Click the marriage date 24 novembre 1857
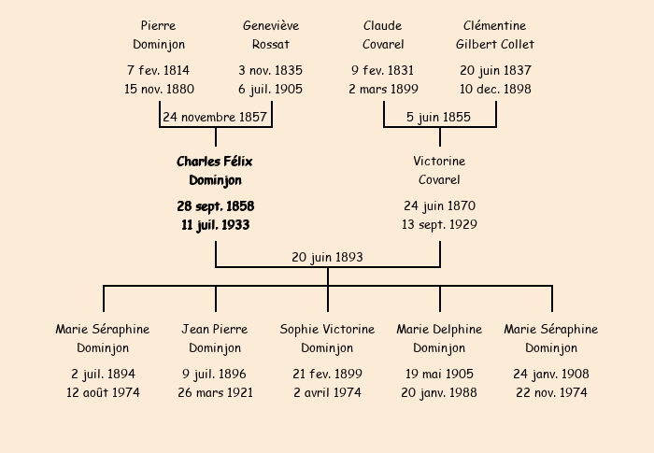[x=215, y=118]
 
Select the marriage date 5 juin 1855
[x=439, y=118]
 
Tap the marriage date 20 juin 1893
[x=327, y=257]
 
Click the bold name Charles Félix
[x=215, y=162]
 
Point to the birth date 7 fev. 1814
[x=158, y=71]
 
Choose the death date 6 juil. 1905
[x=271, y=90]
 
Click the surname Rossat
[x=271, y=44]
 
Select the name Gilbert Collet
[x=495, y=44]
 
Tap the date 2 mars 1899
[x=383, y=90]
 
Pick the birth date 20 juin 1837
[x=495, y=71]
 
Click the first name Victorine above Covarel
[x=439, y=162]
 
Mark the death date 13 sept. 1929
[x=439, y=225]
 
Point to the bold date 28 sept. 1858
[x=215, y=206]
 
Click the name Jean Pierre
[x=215, y=330]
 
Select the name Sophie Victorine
[x=327, y=330]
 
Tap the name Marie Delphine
[x=439, y=330]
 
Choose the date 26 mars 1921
[x=215, y=393]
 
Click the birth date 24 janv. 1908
[x=551, y=375]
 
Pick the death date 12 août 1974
[x=103, y=393]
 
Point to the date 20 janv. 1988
[x=439, y=393]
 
